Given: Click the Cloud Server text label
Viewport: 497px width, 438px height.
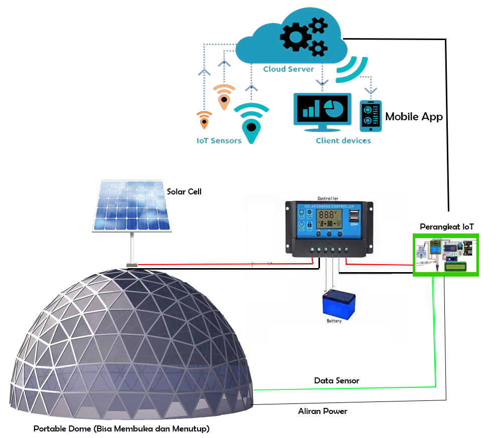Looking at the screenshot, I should (288, 69).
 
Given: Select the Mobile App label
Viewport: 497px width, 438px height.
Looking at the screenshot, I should (414, 117).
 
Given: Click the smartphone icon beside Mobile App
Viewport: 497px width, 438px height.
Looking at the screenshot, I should (371, 116).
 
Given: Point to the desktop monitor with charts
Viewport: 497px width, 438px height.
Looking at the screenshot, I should (322, 111).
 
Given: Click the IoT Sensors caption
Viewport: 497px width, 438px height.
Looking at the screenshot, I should (219, 141).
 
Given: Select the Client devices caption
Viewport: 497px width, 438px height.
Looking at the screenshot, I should (343, 141).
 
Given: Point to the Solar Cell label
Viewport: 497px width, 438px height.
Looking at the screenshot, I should (184, 191).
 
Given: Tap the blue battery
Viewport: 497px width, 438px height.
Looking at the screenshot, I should (334, 304).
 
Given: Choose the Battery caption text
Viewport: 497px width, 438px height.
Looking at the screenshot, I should (334, 321).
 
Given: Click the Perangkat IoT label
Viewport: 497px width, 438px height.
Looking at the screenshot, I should (446, 227).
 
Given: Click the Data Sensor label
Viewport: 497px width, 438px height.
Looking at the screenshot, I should (337, 381).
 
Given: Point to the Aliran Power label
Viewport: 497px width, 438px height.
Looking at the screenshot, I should (322, 411).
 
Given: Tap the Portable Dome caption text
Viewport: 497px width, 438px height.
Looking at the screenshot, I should (121, 429).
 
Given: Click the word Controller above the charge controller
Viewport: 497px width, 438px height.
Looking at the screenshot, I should (328, 198).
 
